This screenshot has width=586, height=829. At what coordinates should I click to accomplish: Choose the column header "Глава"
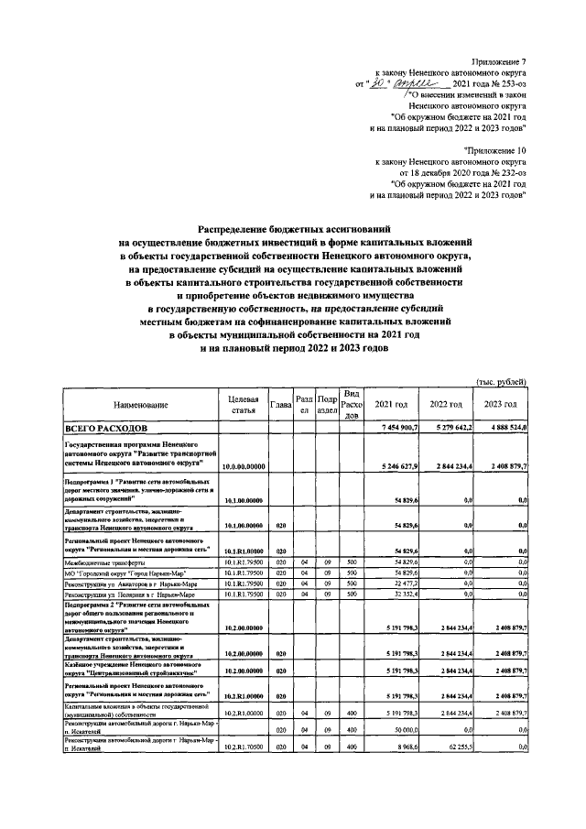(x=281, y=405)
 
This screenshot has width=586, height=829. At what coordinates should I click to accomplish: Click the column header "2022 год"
(x=445, y=405)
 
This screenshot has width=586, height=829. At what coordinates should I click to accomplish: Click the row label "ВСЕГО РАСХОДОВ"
(x=104, y=429)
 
